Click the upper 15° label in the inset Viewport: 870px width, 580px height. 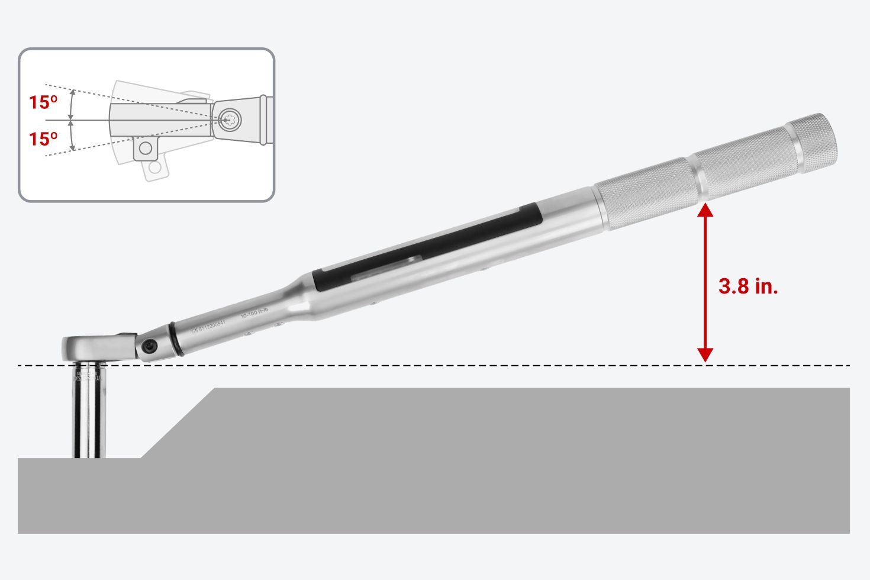pos(43,102)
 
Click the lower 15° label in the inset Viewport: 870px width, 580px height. pos(43,138)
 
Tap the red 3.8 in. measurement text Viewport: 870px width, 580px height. pos(748,286)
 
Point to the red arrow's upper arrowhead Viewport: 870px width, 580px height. pos(705,211)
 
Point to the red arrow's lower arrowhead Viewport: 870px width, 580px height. pos(705,354)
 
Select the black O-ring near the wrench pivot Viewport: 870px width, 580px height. pos(175,340)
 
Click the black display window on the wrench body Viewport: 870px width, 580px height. pos(426,247)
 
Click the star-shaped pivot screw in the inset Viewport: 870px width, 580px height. pos(228,119)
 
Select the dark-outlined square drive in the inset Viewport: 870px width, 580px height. pos(145,149)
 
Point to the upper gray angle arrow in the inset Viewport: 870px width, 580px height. pos(72,105)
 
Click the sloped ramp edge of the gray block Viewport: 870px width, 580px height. pos(178,423)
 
